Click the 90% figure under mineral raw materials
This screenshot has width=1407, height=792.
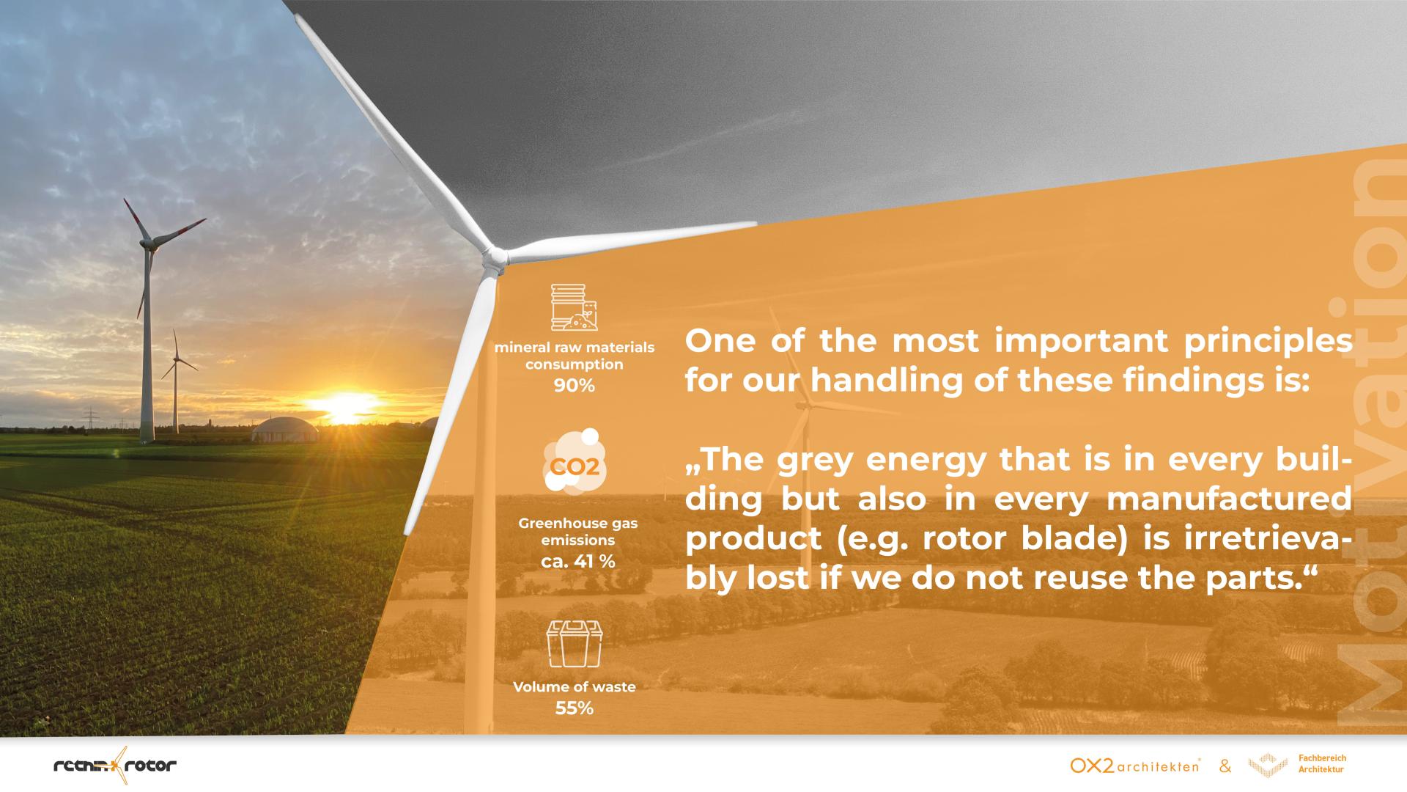click(574, 385)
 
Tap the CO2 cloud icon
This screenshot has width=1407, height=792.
click(575, 461)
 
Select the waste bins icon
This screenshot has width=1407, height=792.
click(575, 644)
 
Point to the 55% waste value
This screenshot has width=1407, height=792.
click(574, 708)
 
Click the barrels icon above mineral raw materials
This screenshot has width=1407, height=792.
click(575, 307)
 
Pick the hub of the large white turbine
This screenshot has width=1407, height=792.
click(495, 257)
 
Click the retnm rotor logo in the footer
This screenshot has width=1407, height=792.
click(115, 766)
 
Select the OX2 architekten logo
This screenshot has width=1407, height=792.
click(1135, 766)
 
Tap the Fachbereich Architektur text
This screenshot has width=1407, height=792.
click(1322, 763)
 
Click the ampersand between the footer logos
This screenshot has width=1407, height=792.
click(1225, 767)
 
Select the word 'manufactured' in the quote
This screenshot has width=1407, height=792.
click(1229, 499)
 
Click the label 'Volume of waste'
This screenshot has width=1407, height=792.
click(575, 687)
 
